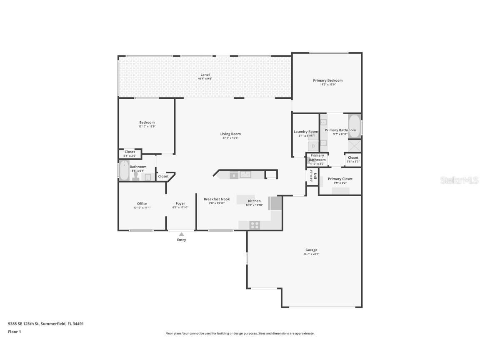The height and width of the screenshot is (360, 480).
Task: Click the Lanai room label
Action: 205,75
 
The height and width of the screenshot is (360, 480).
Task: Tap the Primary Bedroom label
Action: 327,80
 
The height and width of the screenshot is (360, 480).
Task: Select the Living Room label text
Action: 230,134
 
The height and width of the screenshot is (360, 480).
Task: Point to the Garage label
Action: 311,250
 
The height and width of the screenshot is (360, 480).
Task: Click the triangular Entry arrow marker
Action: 181,235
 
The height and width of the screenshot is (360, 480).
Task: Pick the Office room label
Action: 142,204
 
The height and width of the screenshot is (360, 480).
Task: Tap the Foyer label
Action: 180,204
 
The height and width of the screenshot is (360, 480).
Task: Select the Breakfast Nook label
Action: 216,199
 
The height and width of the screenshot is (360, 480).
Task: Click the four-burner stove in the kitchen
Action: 254,225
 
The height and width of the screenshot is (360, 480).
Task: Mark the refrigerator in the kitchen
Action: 276,203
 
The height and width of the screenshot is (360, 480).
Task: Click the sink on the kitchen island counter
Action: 245,175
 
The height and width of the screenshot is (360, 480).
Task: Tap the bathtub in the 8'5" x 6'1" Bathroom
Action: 124,171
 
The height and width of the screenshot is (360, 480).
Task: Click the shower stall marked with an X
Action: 355,146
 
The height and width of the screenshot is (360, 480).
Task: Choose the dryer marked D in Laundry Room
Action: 313,146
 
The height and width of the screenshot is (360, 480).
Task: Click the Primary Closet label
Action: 340,179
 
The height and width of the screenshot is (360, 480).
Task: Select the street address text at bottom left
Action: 46,323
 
